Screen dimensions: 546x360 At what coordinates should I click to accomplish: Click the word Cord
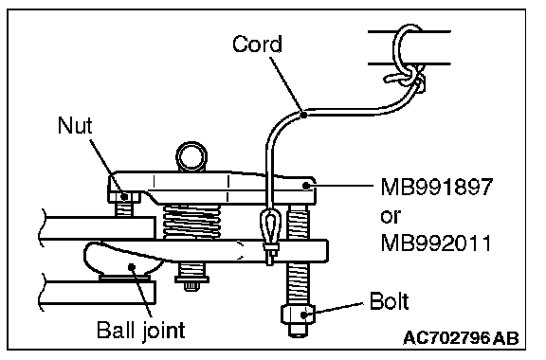pyautogui.click(x=257, y=45)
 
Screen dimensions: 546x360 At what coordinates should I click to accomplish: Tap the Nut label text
pyautogui.click(x=75, y=125)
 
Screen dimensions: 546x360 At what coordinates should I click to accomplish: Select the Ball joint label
pyautogui.click(x=140, y=331)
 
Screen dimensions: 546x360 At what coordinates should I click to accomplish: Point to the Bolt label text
pyautogui.click(x=389, y=301)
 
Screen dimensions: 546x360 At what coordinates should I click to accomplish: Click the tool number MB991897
pyautogui.click(x=437, y=187)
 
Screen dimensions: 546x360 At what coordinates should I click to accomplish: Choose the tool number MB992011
pyautogui.click(x=436, y=243)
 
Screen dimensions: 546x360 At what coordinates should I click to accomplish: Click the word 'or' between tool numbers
pyautogui.click(x=391, y=217)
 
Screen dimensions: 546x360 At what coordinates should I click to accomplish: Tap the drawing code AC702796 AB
pyautogui.click(x=461, y=337)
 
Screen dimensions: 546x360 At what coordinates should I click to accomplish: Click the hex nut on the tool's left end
pyautogui.click(x=123, y=197)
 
